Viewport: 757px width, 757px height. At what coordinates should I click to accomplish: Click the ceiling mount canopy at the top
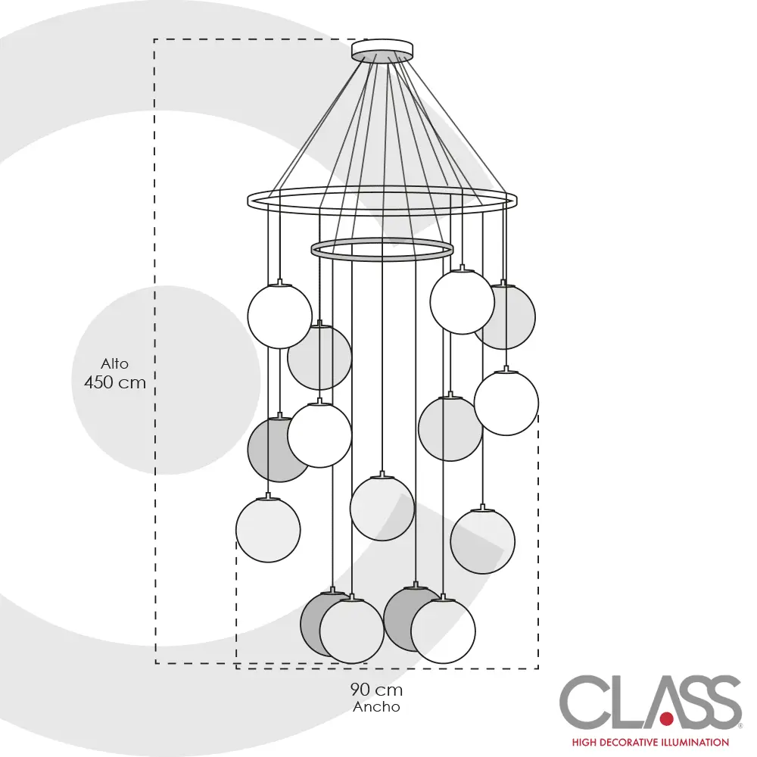382,50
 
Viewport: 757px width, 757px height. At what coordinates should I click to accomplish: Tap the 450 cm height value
115,382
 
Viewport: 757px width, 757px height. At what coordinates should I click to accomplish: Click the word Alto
115,364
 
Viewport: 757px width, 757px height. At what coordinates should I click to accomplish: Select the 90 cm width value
376,690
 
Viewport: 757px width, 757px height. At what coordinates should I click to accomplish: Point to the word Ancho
376,707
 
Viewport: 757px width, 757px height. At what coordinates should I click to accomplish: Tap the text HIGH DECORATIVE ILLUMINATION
650,743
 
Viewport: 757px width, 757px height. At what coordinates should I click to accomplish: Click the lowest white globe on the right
443,631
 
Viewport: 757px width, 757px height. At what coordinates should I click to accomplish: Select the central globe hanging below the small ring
382,508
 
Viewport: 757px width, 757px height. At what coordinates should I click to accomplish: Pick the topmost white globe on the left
279,316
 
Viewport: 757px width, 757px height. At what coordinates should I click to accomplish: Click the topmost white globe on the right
462,301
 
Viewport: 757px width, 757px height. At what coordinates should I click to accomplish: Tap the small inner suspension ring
382,249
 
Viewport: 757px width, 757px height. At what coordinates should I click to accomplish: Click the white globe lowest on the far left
268,530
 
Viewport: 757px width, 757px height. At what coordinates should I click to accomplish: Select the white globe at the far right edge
506,403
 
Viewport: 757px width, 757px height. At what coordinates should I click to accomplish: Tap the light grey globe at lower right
483,541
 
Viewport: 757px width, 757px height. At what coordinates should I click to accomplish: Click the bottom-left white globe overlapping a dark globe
352,631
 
